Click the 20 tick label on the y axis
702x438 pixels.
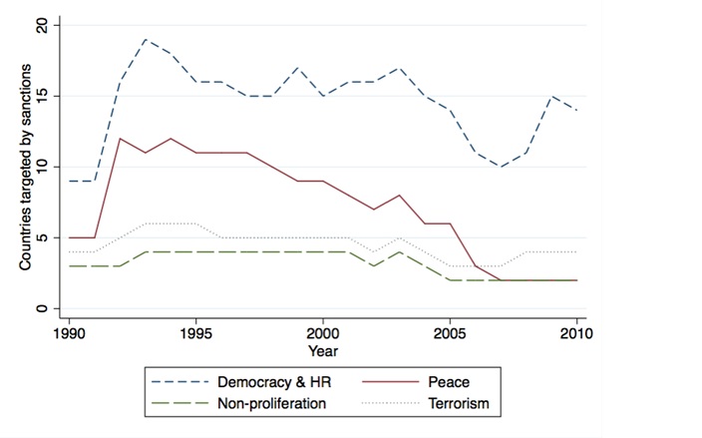42,25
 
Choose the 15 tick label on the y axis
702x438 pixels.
42,96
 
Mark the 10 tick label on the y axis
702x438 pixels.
42,167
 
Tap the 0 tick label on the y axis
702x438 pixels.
42,308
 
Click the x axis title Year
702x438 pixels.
323,351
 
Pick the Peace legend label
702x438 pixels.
450,380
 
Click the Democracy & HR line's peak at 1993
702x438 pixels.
145,40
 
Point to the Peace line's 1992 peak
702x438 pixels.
119,139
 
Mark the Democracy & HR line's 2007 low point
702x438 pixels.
502,167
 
